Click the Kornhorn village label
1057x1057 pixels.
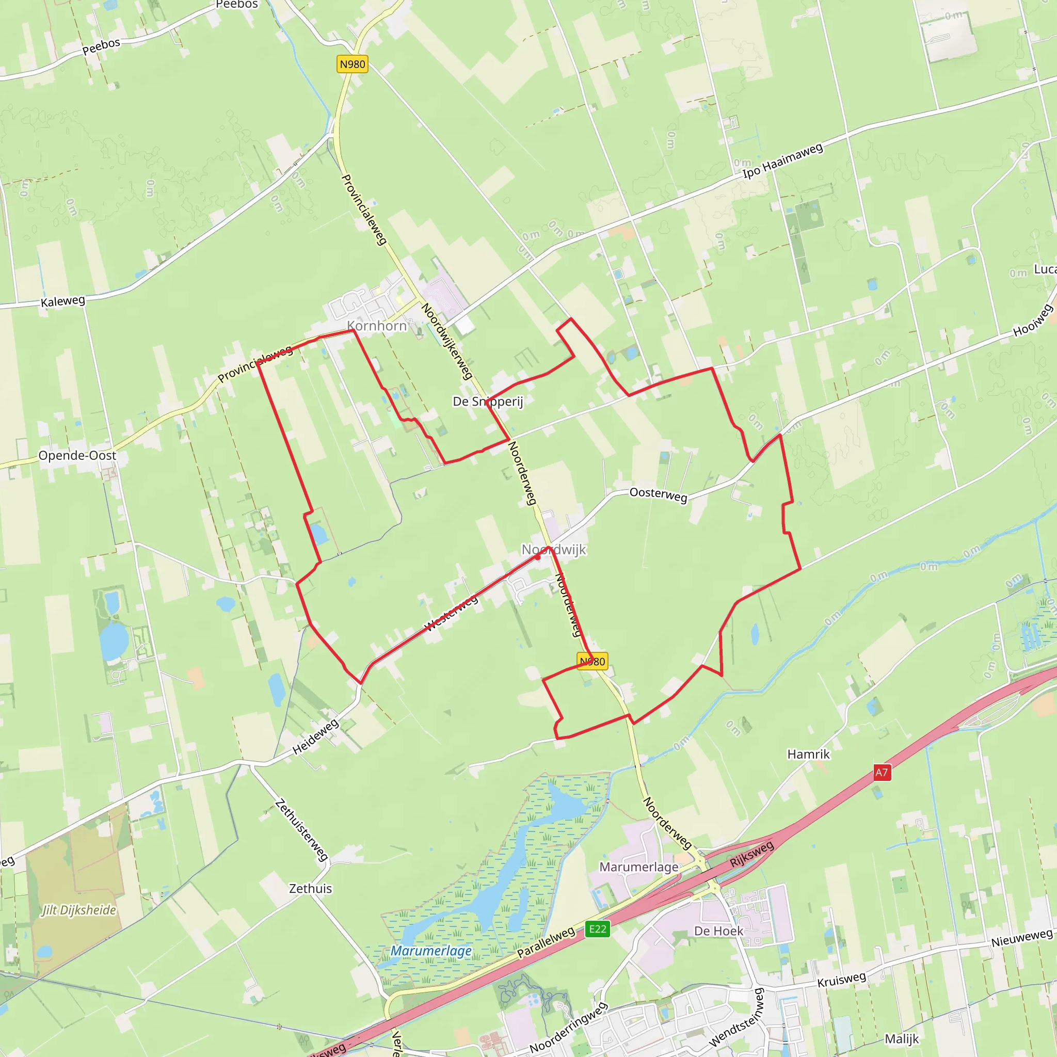pos(377,326)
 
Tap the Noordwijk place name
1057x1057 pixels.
pos(553,549)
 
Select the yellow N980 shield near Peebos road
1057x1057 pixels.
pos(353,64)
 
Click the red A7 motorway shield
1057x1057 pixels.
pos(882,772)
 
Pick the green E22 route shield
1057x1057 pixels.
pos(598,928)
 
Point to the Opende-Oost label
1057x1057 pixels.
pos(77,455)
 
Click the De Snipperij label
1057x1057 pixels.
pos(487,401)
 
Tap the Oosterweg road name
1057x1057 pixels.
pos(658,494)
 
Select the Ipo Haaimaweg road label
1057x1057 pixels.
pos(782,161)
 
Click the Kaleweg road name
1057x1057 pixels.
pos(63,301)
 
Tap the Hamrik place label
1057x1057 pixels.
pos(808,754)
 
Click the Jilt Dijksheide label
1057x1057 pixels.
pos(79,910)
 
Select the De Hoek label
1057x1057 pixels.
pos(718,931)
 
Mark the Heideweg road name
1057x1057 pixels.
pos(316,737)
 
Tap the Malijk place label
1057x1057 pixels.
pos(902,1038)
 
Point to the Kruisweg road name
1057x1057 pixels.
pos(841,979)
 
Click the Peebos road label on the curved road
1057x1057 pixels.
pos(101,46)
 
